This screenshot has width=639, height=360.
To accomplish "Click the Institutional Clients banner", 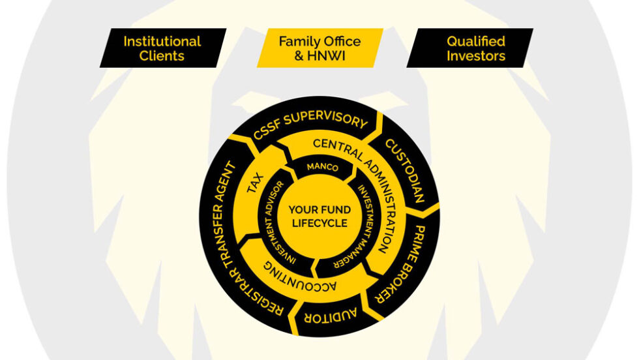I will (162, 48).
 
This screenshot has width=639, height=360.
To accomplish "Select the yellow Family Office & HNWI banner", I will (319, 48).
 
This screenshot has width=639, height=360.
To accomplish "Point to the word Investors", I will (475, 56).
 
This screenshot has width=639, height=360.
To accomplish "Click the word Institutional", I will (162, 41).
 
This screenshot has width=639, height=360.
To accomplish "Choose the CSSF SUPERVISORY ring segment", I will (310, 125).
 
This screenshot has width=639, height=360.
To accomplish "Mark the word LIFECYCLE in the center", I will (319, 223).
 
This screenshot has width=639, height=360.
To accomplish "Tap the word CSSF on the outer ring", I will (266, 131).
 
